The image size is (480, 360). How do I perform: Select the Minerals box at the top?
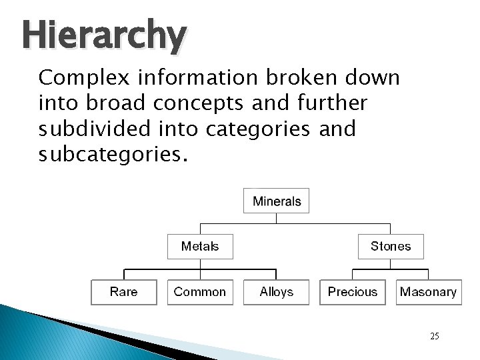click(x=277, y=201)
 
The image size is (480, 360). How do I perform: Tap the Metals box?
click(x=200, y=246)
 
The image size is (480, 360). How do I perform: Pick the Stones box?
click(x=391, y=246)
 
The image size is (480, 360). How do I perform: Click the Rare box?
click(x=123, y=291)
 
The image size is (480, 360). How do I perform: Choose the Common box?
click(x=200, y=291)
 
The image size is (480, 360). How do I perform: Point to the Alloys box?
click(x=277, y=291)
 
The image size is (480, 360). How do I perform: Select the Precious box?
click(x=353, y=291)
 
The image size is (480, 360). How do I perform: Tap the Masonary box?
click(x=428, y=291)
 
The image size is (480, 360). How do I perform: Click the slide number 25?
click(x=434, y=336)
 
